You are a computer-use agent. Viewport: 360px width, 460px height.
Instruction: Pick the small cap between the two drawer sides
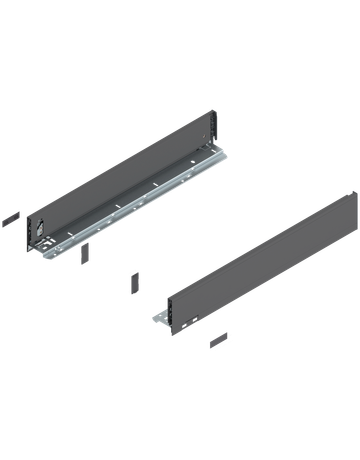click(x=133, y=280)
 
